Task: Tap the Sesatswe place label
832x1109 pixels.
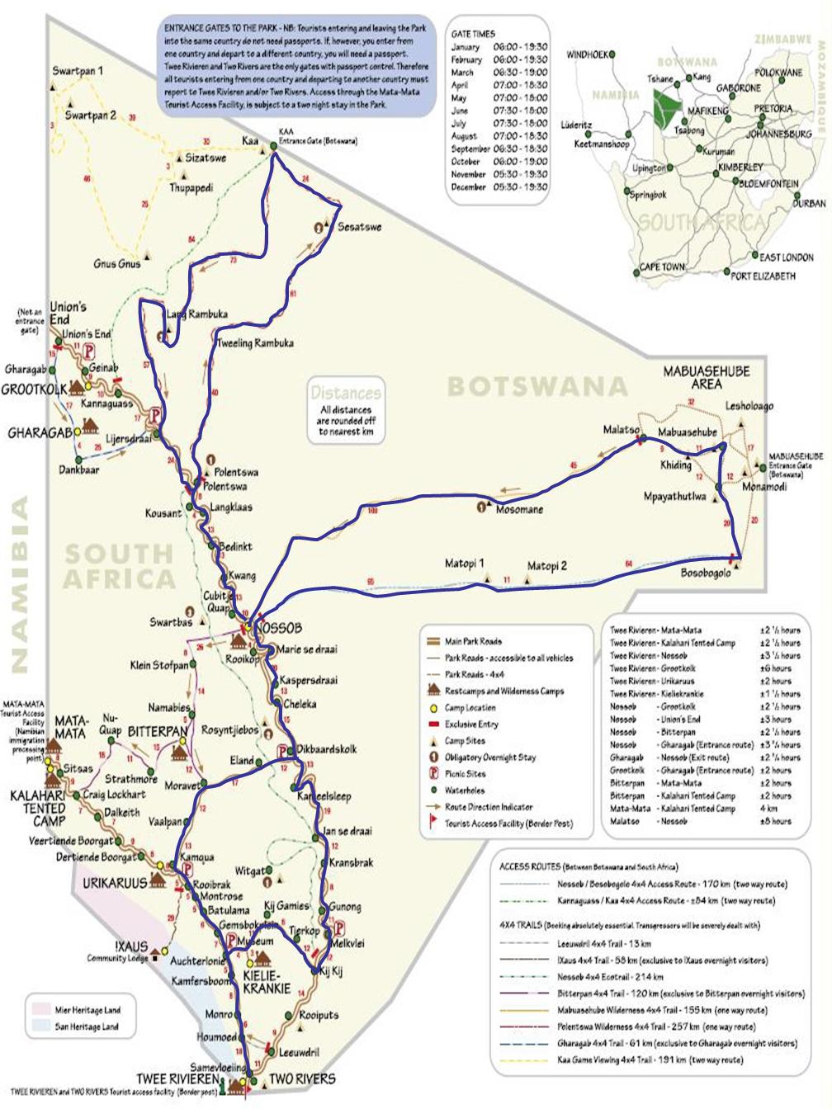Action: point(359,227)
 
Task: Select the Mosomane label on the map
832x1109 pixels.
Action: point(519,509)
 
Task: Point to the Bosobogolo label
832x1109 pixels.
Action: point(705,573)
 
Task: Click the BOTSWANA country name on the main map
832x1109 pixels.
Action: point(537,386)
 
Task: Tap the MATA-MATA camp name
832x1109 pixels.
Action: point(71,726)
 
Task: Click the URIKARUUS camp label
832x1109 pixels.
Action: point(114,883)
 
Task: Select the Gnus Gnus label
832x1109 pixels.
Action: point(116,264)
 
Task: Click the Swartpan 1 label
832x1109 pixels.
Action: point(78,71)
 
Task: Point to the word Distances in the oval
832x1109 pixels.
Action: point(346,393)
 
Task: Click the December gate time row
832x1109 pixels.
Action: point(499,187)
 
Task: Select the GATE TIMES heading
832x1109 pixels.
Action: point(473,34)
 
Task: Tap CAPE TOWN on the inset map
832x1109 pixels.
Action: point(662,267)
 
